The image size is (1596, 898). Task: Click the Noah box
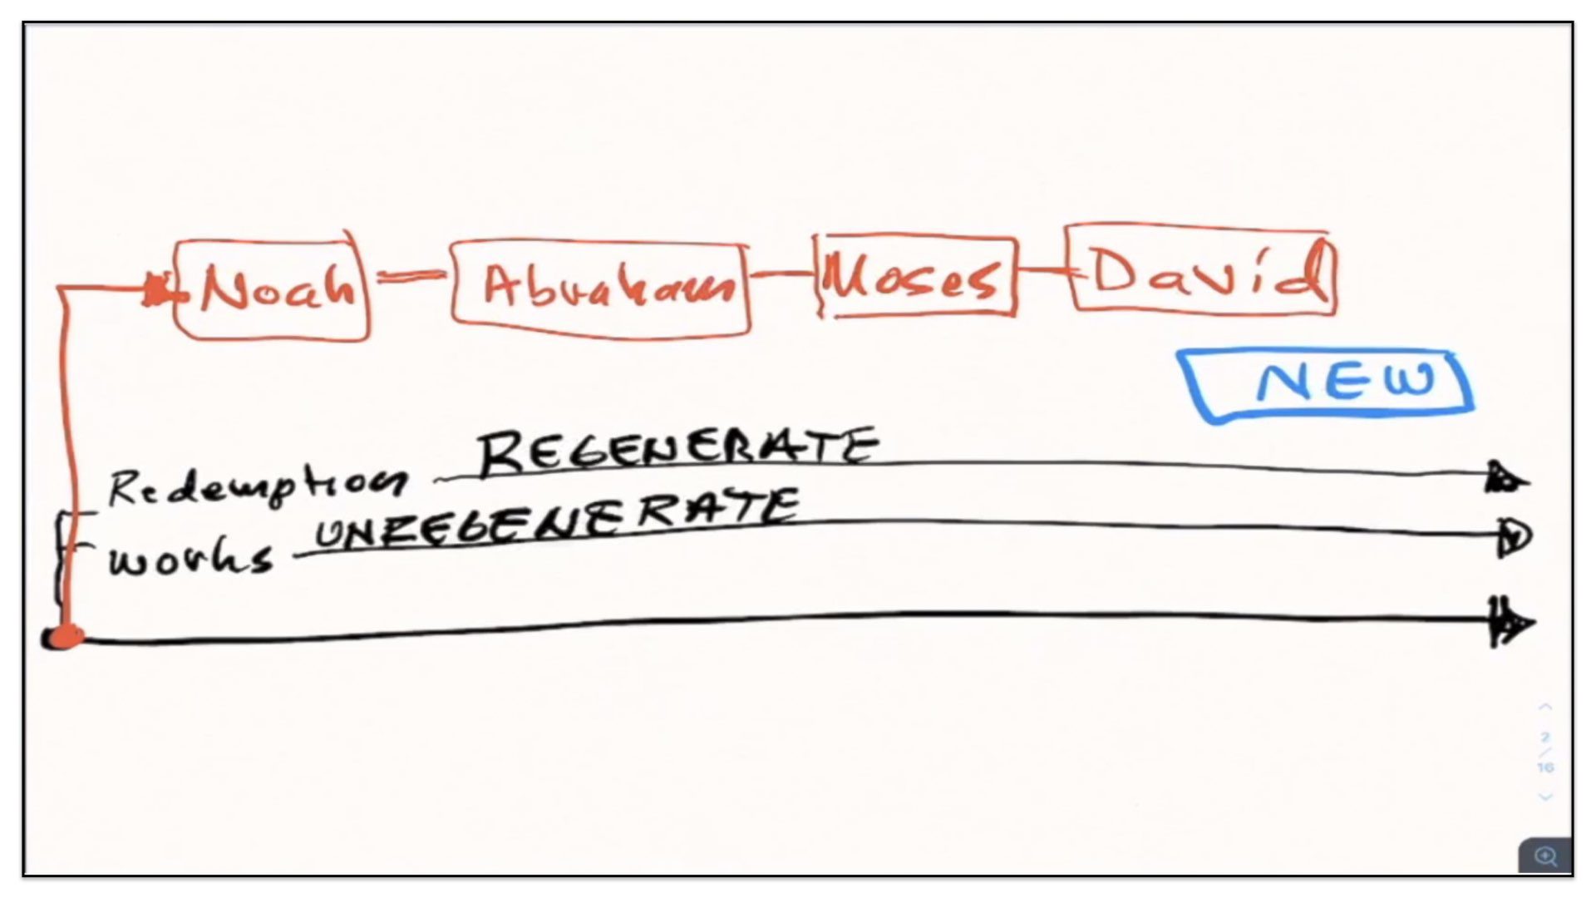[273, 289]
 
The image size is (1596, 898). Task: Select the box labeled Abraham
[600, 289]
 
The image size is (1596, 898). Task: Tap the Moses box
[916, 276]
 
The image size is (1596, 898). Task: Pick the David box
[1202, 271]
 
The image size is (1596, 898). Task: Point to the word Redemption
[258, 487]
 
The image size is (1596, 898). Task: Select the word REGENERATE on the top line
[677, 451]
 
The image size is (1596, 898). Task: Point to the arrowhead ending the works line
[1513, 537]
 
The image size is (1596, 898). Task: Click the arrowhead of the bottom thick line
[1511, 622]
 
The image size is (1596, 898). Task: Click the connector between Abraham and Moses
[781, 273]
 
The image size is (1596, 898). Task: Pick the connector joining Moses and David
[1042, 269]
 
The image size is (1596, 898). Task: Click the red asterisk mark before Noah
[156, 289]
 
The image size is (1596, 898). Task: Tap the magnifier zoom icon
[1545, 856]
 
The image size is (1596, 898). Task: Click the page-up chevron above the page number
[1545, 708]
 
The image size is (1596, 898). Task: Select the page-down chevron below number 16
[1545, 797]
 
